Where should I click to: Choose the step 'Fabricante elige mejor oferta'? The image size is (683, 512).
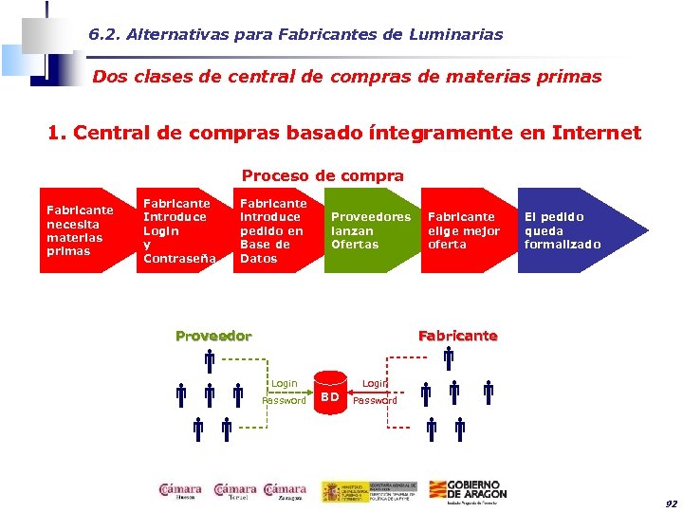pos(464,230)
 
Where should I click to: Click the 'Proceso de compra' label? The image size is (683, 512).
pos(323,175)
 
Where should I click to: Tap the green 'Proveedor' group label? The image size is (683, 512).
pos(213,336)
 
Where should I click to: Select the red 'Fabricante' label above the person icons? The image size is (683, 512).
pos(457,336)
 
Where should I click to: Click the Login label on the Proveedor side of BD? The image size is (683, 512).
pos(285,383)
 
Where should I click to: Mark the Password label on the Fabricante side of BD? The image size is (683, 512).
pos(375,401)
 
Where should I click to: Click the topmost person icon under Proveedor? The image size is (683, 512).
pos(209,360)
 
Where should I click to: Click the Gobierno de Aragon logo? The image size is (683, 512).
pos(471,489)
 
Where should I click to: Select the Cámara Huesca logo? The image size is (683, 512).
pos(180,490)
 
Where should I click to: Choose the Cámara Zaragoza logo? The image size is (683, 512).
pos(285,490)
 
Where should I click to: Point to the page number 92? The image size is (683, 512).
pos(671,503)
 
